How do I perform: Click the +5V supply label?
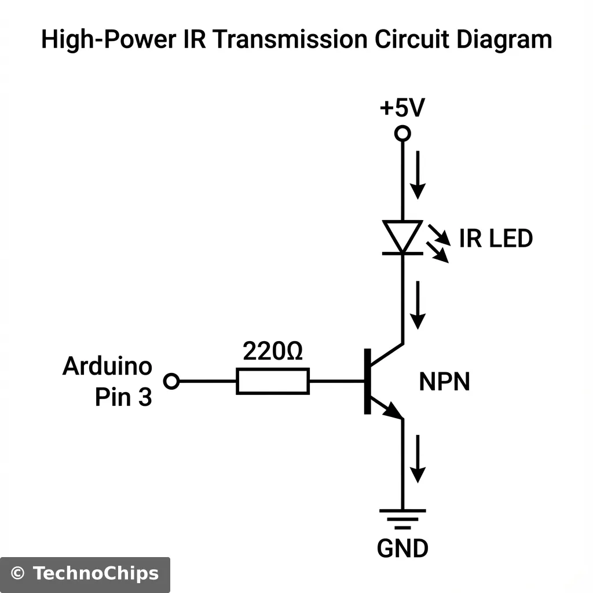[402, 108]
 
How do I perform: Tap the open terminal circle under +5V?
[402, 134]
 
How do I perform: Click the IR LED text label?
[496, 239]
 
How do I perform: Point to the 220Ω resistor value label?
[273, 351]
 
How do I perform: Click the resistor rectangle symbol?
[273, 381]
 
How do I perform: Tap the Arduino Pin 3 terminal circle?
[171, 381]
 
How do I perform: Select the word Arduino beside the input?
[107, 366]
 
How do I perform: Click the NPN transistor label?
[444, 382]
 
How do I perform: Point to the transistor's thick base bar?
[367, 382]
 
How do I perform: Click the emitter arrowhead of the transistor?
[394, 411]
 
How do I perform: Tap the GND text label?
[402, 548]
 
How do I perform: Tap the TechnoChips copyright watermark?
[85, 574]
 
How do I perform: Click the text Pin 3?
[123, 398]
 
